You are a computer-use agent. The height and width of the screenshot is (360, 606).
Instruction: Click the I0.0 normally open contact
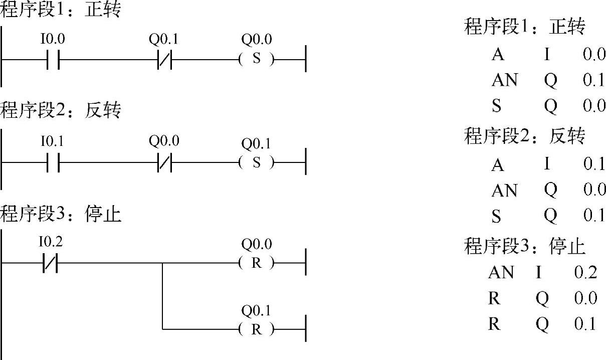click(x=53, y=60)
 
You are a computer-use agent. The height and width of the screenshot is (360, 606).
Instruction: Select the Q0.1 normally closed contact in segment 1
click(x=164, y=60)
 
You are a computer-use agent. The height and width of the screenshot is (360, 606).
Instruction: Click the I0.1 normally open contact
click(x=53, y=163)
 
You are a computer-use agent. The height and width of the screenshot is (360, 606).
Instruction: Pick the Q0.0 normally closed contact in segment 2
click(x=164, y=163)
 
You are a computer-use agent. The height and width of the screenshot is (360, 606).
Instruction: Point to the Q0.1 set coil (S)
click(x=257, y=163)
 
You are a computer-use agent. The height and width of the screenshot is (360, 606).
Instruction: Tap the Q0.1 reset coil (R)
click(x=257, y=329)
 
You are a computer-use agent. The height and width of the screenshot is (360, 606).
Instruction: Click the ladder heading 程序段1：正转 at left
click(x=60, y=10)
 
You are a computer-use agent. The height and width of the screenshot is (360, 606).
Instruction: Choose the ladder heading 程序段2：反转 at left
click(x=60, y=110)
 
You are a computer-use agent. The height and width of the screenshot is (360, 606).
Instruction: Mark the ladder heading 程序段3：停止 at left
click(x=60, y=215)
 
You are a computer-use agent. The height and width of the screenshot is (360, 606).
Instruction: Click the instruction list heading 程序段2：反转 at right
click(x=525, y=136)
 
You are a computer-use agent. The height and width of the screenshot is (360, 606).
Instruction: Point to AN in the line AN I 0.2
click(x=501, y=272)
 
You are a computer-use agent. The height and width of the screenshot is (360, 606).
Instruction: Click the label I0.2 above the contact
click(x=51, y=243)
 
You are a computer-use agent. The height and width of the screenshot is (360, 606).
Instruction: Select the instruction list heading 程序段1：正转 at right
click(x=525, y=27)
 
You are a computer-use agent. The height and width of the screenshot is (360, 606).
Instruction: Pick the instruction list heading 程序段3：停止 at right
click(x=525, y=246)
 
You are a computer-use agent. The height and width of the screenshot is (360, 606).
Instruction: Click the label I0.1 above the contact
click(x=52, y=142)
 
